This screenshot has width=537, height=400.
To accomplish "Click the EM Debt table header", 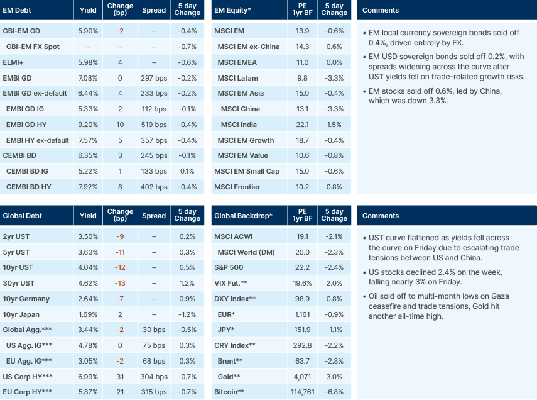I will [18, 10].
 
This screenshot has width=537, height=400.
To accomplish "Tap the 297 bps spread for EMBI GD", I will [154, 77].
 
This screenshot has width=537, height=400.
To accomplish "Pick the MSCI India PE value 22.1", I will [302, 125].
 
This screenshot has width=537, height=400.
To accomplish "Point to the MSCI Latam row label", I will [238, 78].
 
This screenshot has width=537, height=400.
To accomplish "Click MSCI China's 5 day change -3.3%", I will [334, 109].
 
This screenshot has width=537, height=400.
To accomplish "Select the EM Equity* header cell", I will [234, 10].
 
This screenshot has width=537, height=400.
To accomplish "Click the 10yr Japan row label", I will [22, 314].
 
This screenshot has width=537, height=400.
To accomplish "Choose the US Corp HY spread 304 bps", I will [154, 376].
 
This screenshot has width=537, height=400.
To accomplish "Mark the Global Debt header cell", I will [23, 216].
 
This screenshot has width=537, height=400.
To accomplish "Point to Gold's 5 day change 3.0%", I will [334, 376].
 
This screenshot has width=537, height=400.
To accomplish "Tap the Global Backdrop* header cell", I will [243, 216].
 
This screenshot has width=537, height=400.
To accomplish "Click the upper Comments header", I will [381, 10].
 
